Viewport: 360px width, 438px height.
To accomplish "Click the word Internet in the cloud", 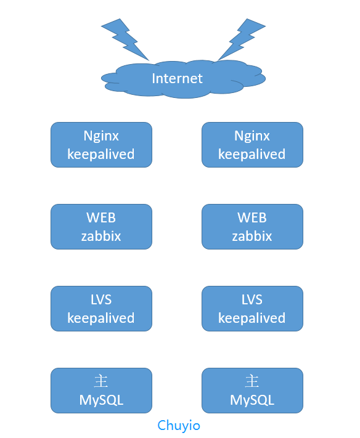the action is (177, 78).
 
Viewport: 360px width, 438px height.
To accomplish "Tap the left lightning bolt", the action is (125, 39).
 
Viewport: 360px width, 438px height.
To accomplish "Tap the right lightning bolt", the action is (242, 39).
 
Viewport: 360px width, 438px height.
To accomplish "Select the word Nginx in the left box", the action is (101, 137).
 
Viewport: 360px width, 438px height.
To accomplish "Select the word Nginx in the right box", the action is (252, 137).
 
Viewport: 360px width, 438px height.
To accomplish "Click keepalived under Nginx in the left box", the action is (101, 155).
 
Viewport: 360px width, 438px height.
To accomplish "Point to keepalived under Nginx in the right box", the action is (252, 155).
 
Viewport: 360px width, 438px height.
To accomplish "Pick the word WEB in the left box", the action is (101, 217).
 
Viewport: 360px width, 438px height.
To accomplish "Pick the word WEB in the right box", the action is (252, 217).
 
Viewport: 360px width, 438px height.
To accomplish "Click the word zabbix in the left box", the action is (101, 236).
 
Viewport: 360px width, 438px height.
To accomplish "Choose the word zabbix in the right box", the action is (252, 236).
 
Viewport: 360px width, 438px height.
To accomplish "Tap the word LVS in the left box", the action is (101, 300).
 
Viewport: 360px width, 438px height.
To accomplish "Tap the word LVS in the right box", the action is (252, 300).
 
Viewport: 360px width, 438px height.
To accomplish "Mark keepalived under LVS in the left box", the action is (101, 318).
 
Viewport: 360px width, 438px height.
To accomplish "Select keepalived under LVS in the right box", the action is (252, 318).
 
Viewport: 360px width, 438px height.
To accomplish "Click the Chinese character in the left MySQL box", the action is (101, 381).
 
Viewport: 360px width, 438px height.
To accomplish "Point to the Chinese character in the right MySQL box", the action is (252, 381).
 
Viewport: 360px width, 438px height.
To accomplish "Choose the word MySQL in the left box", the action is (101, 400).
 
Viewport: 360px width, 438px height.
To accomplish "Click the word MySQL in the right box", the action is (252, 400).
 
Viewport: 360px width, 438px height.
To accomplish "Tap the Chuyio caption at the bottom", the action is (179, 426).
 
